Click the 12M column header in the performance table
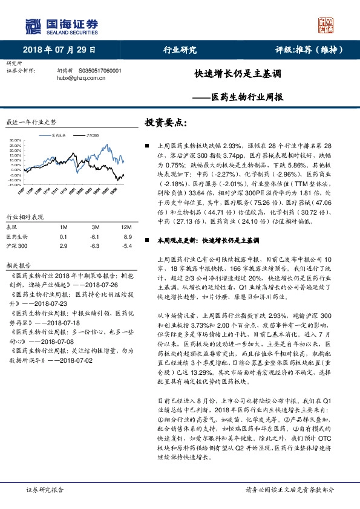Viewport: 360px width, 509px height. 126,226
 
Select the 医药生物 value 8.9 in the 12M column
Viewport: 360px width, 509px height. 126,236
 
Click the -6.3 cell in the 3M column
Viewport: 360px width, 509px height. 94,246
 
